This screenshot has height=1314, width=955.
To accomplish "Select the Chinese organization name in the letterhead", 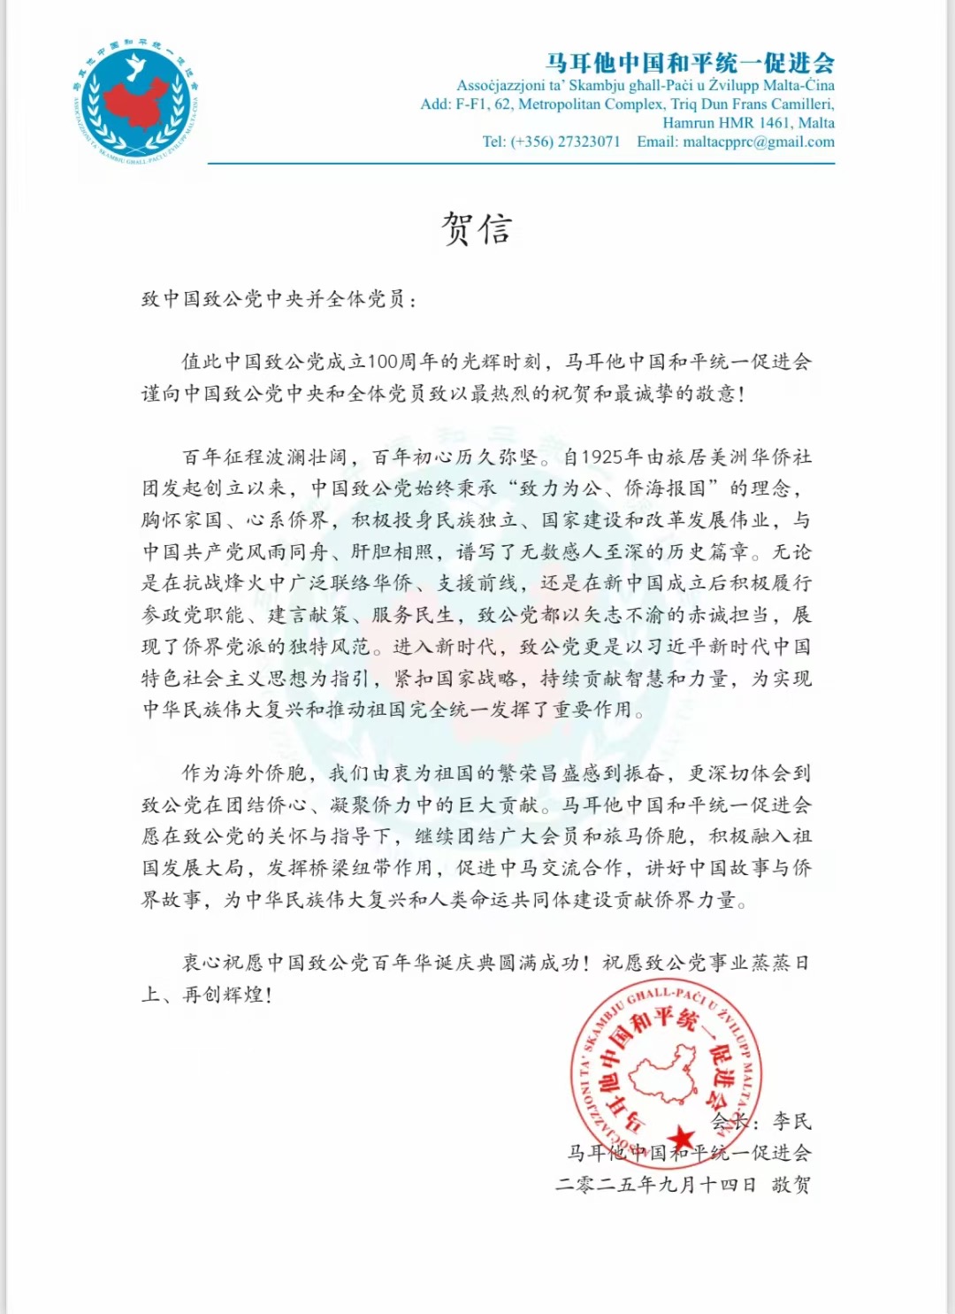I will (x=690, y=63).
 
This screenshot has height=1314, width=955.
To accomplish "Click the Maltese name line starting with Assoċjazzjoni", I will (x=645, y=86).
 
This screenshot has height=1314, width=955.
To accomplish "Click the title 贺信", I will (x=477, y=229).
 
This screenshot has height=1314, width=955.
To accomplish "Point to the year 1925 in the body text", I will (x=601, y=457).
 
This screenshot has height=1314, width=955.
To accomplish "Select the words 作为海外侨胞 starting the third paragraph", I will (x=243, y=773).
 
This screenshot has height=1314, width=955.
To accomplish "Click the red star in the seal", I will (x=680, y=1136).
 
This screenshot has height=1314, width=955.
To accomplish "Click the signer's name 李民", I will (x=791, y=1121).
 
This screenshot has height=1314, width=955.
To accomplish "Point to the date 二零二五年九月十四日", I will (x=655, y=1185).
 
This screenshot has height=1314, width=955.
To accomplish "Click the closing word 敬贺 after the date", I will (x=791, y=1185).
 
